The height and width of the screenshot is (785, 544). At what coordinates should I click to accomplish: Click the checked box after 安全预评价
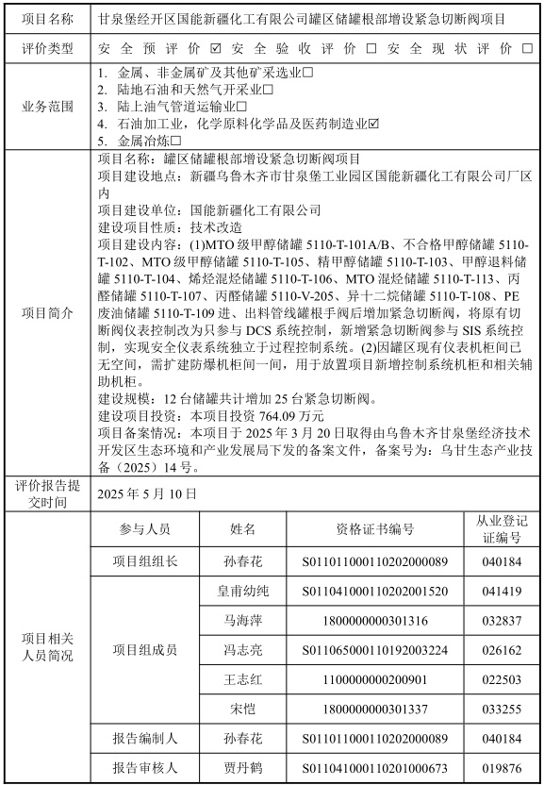pos(217,47)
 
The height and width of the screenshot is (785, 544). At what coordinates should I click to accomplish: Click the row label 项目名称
pos(47,17)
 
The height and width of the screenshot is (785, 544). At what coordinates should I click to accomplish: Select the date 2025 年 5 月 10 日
pos(147,493)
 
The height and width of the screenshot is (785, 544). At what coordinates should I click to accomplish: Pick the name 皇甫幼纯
pos(243,592)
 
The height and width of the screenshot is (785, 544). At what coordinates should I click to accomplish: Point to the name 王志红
pos(243,677)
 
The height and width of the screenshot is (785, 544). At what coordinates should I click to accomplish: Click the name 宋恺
pos(243,707)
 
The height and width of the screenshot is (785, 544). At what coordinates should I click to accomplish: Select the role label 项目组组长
pos(144,561)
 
